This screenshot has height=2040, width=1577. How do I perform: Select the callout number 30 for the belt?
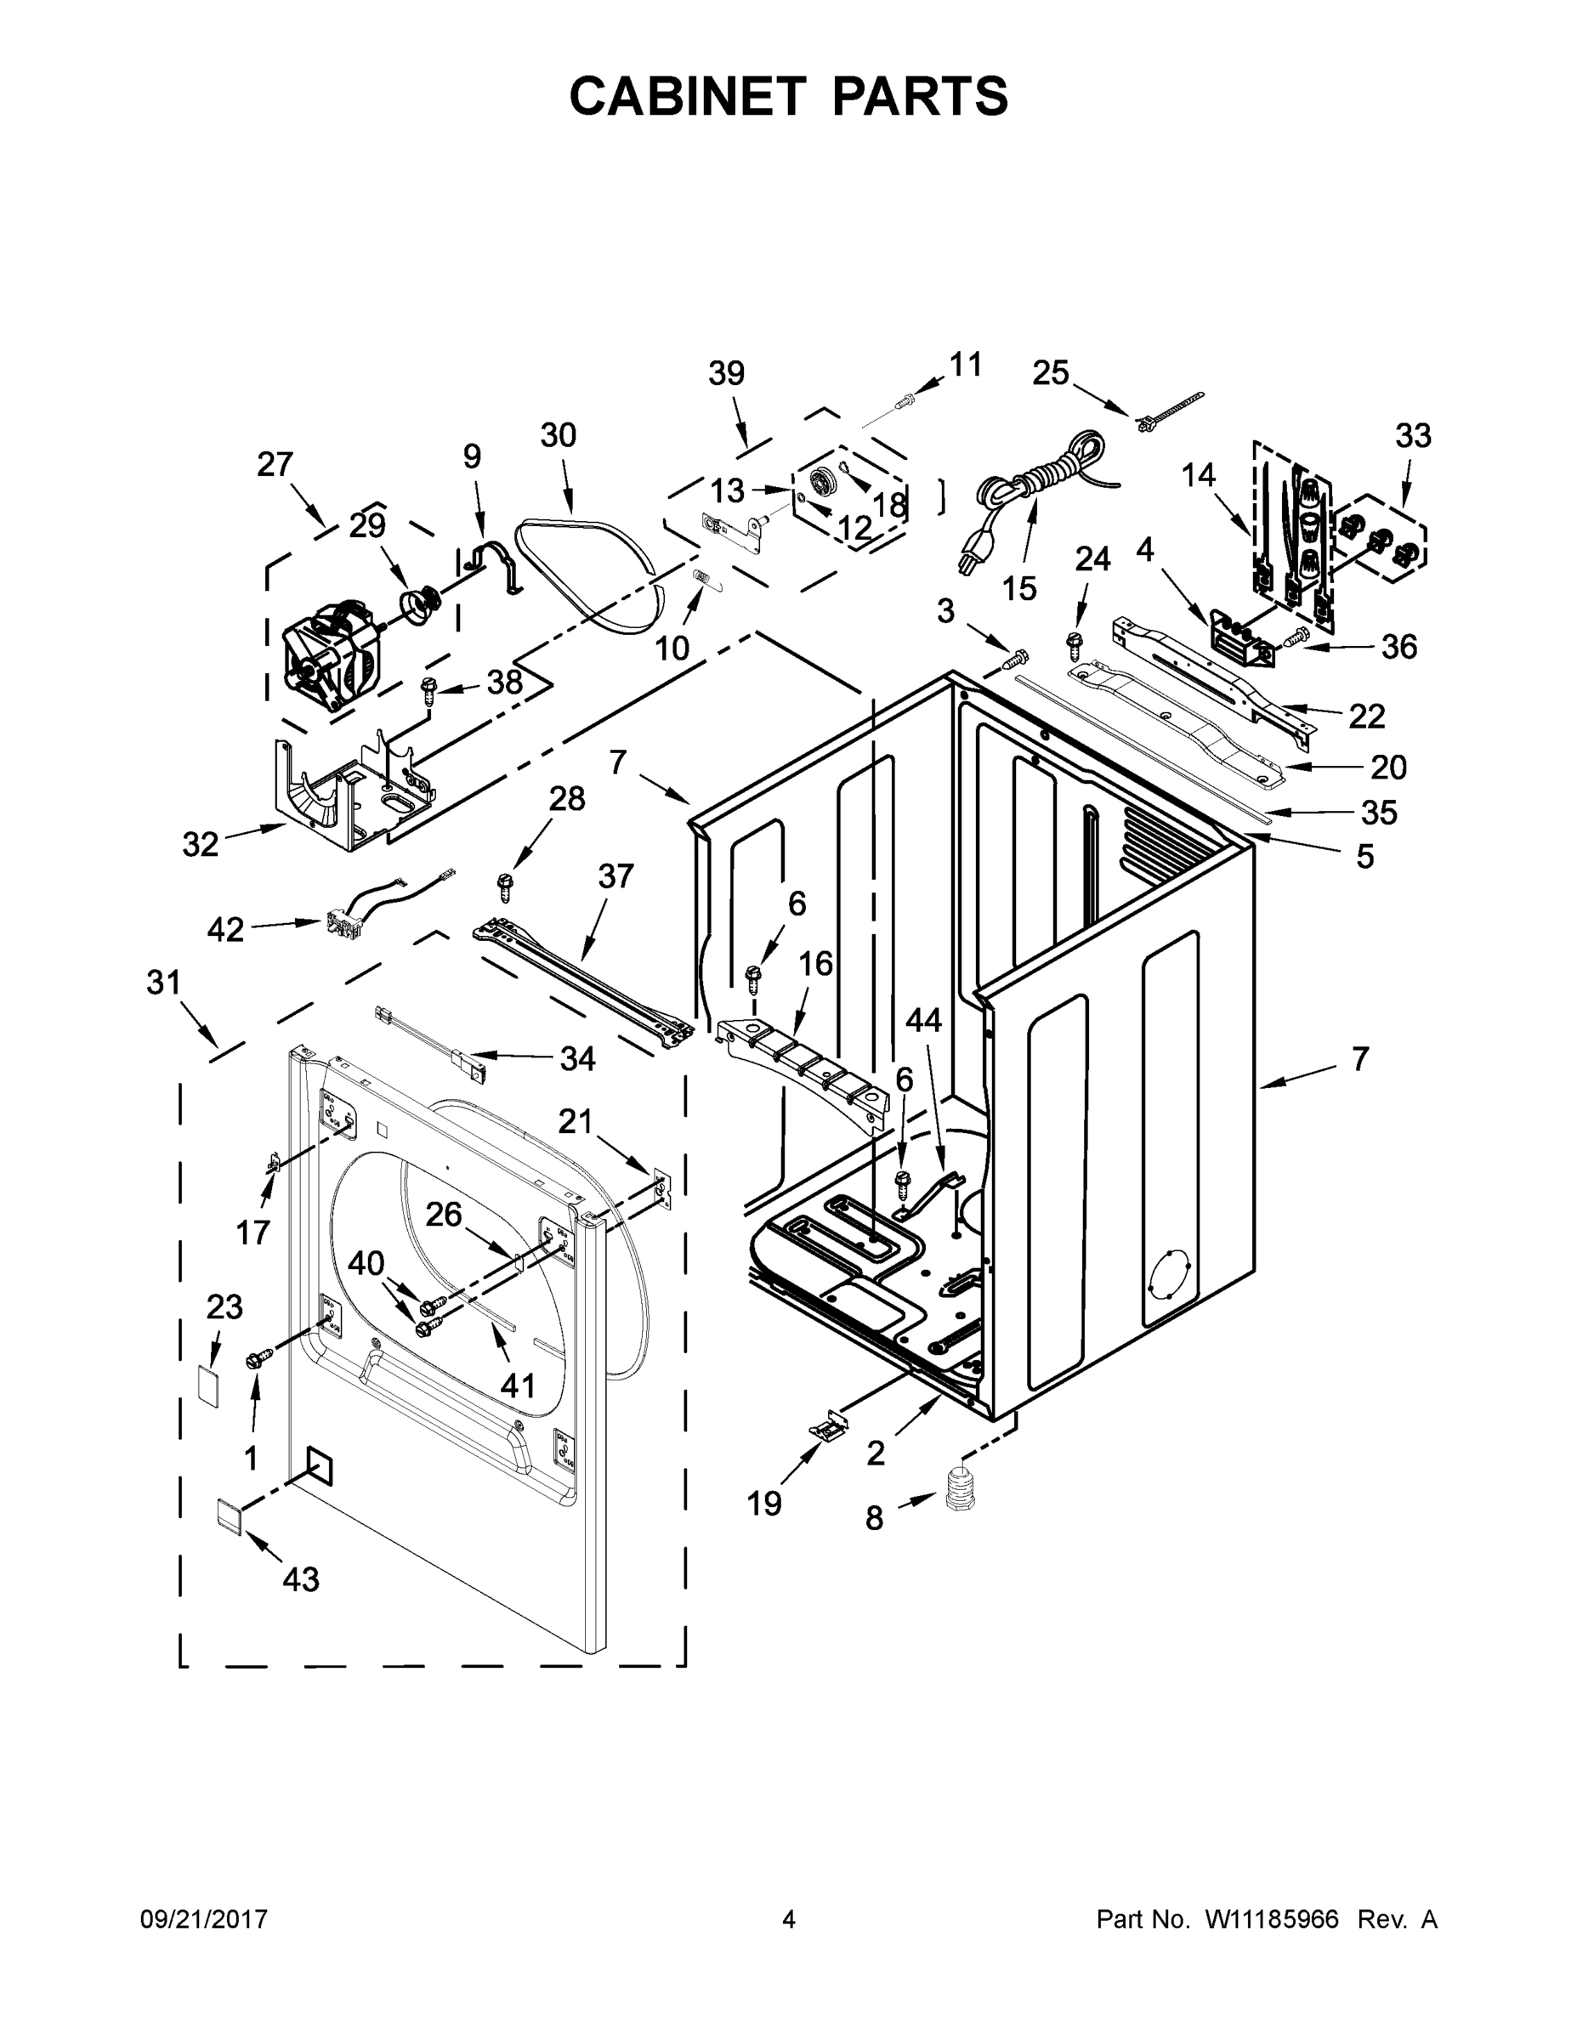[558, 435]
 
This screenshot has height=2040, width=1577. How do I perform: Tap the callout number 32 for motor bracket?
[200, 844]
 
